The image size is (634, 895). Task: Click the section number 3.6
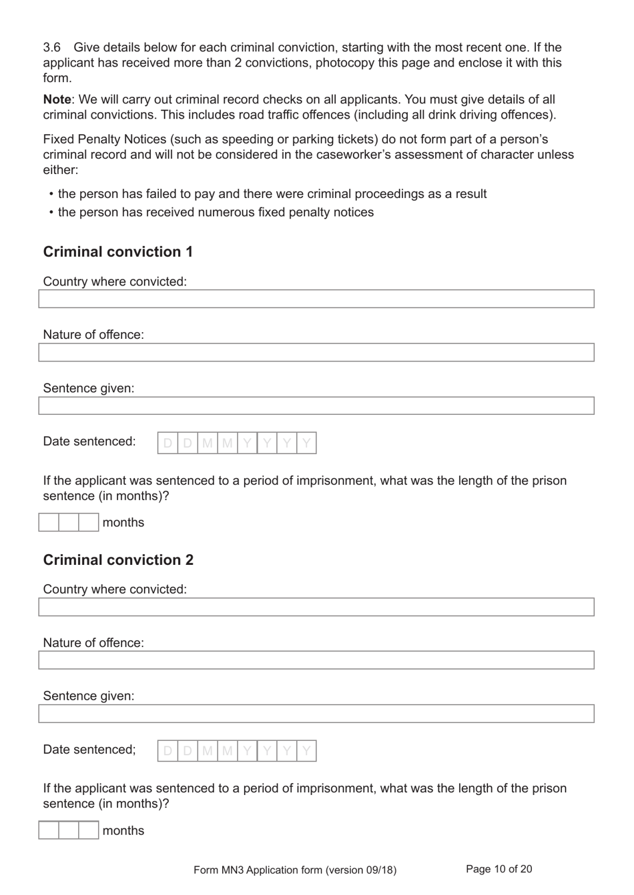[51, 47]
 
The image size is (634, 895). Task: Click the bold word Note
[57, 99]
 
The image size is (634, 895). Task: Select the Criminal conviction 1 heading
[118, 251]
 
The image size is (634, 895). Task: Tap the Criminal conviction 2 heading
[118, 560]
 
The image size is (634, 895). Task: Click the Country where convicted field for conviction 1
[316, 299]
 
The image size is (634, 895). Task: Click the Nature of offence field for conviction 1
[316, 352]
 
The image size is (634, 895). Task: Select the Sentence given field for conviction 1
[316, 405]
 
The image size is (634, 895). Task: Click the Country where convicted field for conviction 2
[316, 607]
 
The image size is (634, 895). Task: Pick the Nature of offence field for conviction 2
[316, 660]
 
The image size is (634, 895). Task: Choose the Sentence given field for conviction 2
[316, 714]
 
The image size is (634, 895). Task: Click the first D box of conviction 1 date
[168, 443]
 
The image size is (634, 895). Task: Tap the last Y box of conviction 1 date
[306, 443]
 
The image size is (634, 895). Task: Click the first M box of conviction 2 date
[208, 751]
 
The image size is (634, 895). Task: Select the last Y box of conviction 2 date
[306, 751]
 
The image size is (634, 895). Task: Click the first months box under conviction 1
[49, 522]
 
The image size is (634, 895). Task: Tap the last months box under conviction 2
[89, 830]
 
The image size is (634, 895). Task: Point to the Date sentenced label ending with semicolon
[89, 750]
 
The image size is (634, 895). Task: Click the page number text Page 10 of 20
[499, 869]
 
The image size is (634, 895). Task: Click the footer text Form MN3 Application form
[294, 870]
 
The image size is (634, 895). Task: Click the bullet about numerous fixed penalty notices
[216, 212]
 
